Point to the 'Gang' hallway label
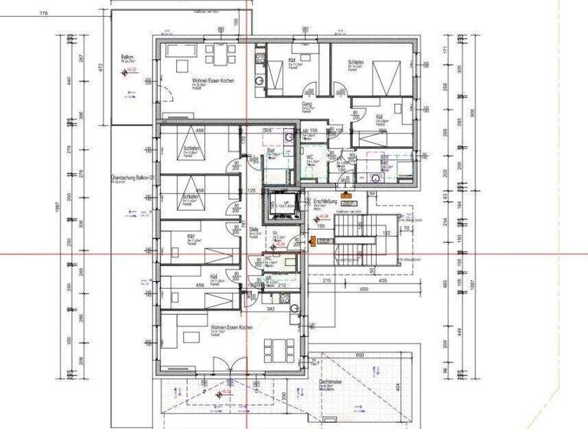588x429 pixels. (x=307, y=103)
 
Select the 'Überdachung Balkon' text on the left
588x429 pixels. (x=133, y=178)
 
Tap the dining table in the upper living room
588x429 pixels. (x=219, y=55)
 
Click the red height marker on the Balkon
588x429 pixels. (x=125, y=71)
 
